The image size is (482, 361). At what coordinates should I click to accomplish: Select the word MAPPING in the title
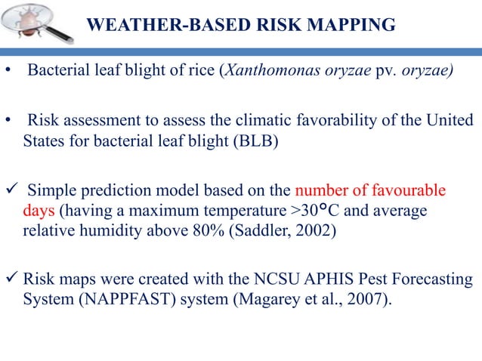354,24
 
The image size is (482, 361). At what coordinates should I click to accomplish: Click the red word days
34,209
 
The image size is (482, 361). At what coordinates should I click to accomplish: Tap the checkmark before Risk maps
11,279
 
